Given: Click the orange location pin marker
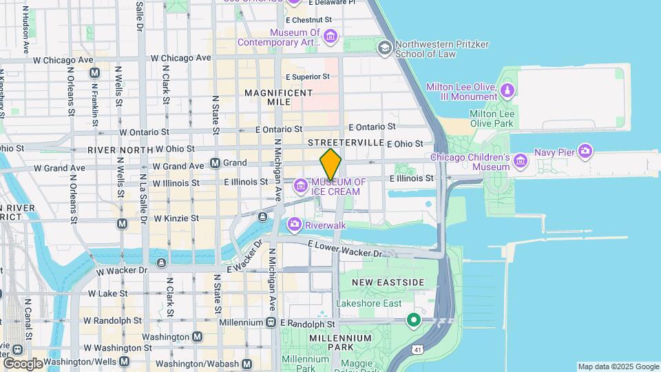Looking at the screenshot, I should pos(330,164).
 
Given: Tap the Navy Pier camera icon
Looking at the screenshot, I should pos(585,150).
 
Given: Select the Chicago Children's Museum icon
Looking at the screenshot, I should pos(520,162).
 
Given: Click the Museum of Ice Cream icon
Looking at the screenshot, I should pos(300,186).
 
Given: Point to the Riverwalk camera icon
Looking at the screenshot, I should pos(295,225).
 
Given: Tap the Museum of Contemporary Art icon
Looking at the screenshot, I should pos(330,37).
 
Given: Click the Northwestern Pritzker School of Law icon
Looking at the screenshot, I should pos(384,48).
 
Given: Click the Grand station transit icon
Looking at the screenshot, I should pos(215,163).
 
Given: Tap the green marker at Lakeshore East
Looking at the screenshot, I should pos(413,320).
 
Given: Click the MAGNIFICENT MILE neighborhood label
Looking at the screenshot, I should pos(278,97).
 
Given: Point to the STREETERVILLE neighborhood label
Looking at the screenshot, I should pos(345,142).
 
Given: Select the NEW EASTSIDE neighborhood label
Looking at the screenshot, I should pos(388,282).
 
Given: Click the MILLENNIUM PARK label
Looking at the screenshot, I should pos(340,338).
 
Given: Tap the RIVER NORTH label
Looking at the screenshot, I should pos(120,149).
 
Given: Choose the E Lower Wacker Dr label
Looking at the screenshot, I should pos(344,249).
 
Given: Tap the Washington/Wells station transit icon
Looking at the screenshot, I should pos(124,361).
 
